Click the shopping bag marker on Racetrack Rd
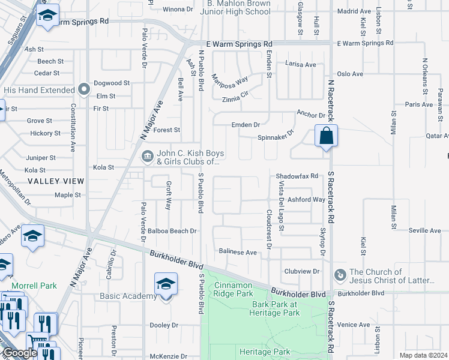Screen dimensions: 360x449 tap(325, 136)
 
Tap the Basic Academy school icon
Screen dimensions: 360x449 tap(166, 284)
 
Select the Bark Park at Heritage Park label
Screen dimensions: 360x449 tap(275, 308)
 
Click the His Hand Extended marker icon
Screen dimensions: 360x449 tap(85, 90)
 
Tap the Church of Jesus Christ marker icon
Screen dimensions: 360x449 tap(340, 274)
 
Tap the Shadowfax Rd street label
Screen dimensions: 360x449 tap(295, 176)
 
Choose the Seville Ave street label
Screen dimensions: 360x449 tap(424, 230)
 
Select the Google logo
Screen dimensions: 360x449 tap(20, 353)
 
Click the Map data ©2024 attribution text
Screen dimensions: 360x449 tap(423, 355)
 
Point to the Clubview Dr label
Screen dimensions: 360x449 tap(301, 271)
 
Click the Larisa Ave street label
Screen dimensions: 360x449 tap(300, 64)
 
